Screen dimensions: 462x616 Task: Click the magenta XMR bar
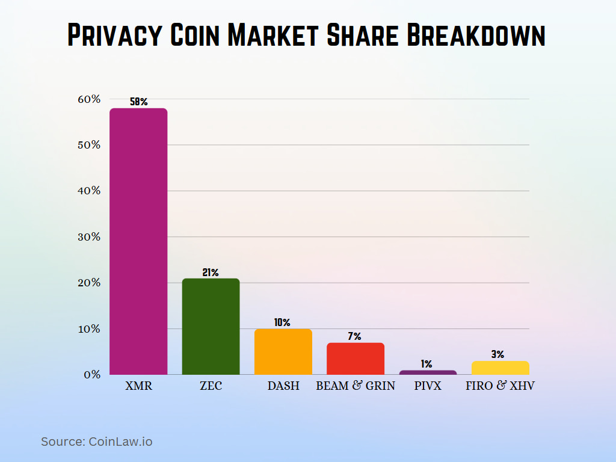(x=138, y=241)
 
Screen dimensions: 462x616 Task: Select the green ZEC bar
(x=211, y=326)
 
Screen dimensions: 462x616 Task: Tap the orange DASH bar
(x=283, y=351)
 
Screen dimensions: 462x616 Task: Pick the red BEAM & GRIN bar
(x=356, y=359)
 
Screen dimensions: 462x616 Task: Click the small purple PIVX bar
(x=428, y=372)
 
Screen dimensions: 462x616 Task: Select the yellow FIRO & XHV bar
(x=500, y=368)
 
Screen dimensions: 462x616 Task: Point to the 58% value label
(x=138, y=102)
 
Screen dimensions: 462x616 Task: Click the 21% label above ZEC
(x=211, y=273)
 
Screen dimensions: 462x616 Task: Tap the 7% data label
(x=356, y=336)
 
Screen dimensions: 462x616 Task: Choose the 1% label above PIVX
(x=427, y=364)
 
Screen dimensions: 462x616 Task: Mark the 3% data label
(x=497, y=354)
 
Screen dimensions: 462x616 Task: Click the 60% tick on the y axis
(x=88, y=99)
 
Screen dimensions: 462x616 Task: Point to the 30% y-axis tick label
(x=88, y=236)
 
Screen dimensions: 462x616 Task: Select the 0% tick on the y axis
(x=91, y=374)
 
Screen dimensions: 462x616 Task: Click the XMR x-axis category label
(x=139, y=386)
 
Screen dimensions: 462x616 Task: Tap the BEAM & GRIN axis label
(x=356, y=386)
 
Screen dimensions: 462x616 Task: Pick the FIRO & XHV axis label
(x=500, y=386)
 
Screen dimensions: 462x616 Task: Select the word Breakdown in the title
(x=476, y=35)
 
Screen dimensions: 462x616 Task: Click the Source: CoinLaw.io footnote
(x=96, y=442)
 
